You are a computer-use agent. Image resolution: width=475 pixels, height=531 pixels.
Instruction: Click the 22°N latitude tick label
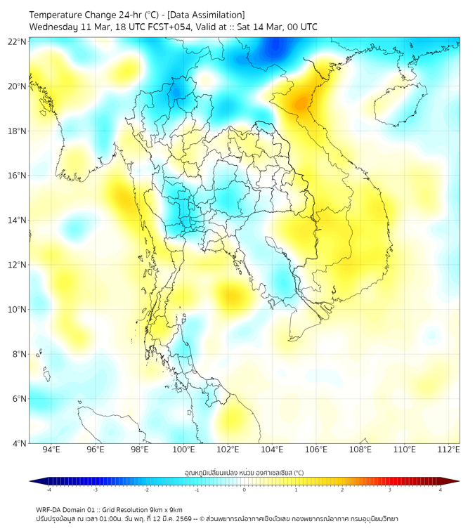pos(18,41)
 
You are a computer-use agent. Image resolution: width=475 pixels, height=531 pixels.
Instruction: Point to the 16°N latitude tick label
pos(18,176)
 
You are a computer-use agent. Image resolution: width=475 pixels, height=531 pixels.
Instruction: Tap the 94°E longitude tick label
pos(51,450)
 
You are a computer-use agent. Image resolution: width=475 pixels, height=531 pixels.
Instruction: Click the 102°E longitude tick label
pos(228,450)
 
